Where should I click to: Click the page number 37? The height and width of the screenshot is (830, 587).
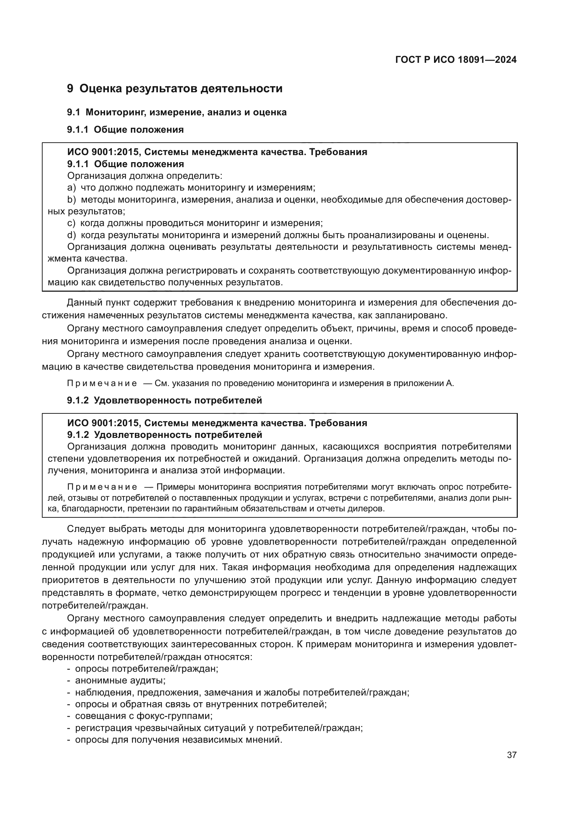click(511, 755)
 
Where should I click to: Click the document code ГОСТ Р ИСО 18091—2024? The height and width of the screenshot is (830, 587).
click(456, 60)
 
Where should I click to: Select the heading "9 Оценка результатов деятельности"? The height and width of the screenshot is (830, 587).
click(175, 89)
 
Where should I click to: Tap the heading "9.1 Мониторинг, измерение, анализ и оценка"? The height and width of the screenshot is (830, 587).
click(177, 112)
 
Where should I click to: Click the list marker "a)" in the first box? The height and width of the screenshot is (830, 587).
click(72, 188)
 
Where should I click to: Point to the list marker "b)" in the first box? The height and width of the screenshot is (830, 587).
click(72, 199)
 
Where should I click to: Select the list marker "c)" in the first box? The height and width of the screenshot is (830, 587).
click(71, 223)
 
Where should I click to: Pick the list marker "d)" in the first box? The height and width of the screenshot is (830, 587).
click(72, 235)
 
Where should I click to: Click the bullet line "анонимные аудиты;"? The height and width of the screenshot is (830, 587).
click(120, 680)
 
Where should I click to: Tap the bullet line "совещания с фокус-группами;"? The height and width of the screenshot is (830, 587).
click(143, 716)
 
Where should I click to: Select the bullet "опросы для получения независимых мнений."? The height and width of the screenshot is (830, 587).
click(178, 740)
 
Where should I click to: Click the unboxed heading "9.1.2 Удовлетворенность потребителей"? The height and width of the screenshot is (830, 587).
click(164, 401)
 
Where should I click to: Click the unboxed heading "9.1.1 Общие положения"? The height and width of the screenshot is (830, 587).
click(125, 130)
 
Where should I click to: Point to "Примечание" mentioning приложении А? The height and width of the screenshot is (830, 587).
click(102, 384)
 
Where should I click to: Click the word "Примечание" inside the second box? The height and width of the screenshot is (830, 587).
click(102, 487)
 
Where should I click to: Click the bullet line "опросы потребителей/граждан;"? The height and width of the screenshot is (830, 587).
click(146, 669)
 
